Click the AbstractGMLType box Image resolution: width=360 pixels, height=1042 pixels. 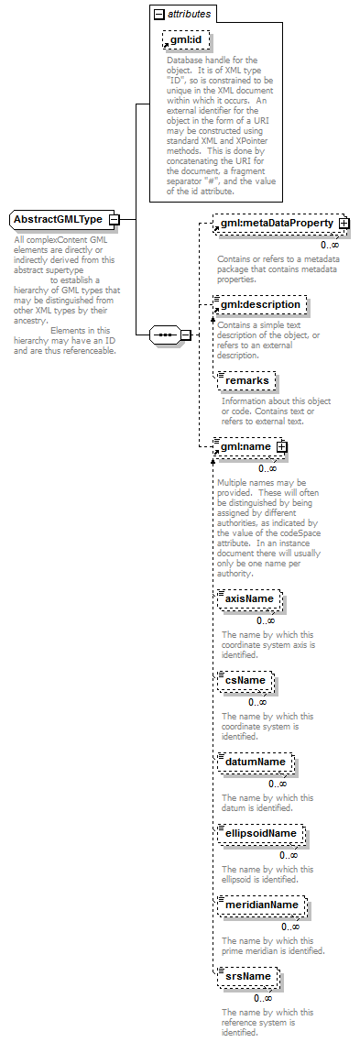click(x=59, y=220)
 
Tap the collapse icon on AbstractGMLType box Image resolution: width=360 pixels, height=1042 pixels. click(x=114, y=220)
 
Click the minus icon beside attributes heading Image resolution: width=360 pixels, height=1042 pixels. click(x=158, y=14)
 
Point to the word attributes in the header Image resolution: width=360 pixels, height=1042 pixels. click(x=189, y=14)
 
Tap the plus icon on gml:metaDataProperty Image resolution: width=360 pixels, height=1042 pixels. click(x=344, y=223)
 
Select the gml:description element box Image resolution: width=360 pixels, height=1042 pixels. click(x=259, y=304)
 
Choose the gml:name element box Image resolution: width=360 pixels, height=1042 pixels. click(x=245, y=446)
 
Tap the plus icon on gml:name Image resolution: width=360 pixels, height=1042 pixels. click(x=281, y=446)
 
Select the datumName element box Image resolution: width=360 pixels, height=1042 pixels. click(x=256, y=762)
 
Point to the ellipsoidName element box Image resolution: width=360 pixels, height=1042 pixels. click(x=261, y=833)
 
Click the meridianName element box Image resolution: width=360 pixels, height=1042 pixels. click(x=262, y=905)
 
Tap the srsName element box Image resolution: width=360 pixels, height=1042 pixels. click(x=247, y=977)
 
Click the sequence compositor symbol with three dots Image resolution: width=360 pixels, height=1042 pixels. click(x=166, y=335)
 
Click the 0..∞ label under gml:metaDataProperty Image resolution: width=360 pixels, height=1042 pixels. click(x=330, y=245)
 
